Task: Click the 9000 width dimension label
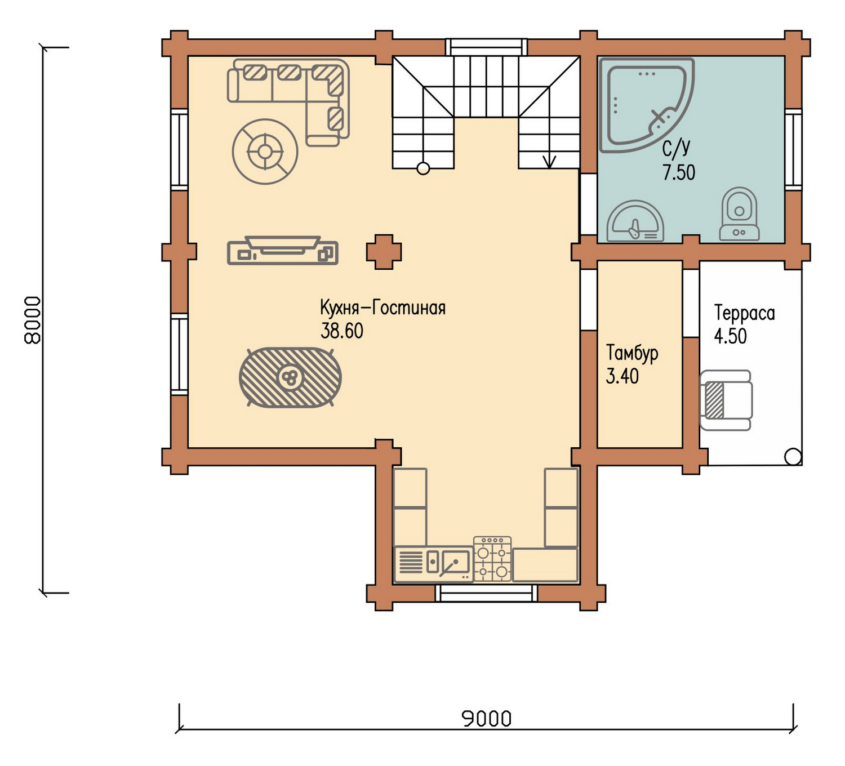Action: [x=487, y=718]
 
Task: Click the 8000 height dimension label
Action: [x=33, y=320]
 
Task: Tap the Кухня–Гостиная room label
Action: [x=383, y=308]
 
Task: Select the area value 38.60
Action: [x=341, y=331]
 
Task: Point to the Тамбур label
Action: [x=632, y=354]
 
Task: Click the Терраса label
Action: [x=744, y=314]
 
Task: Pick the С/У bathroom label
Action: [x=676, y=148]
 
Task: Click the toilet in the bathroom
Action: [x=739, y=215]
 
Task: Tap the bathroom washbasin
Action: [x=635, y=221]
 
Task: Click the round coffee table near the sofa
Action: [x=265, y=152]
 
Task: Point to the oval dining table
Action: [x=290, y=377]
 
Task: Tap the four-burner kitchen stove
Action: [x=492, y=559]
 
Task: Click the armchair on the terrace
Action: [x=726, y=400]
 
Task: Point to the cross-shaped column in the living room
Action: [x=384, y=252]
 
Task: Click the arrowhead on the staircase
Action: [x=549, y=162]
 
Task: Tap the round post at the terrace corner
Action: [x=793, y=457]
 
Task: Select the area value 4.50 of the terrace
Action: [x=731, y=336]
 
